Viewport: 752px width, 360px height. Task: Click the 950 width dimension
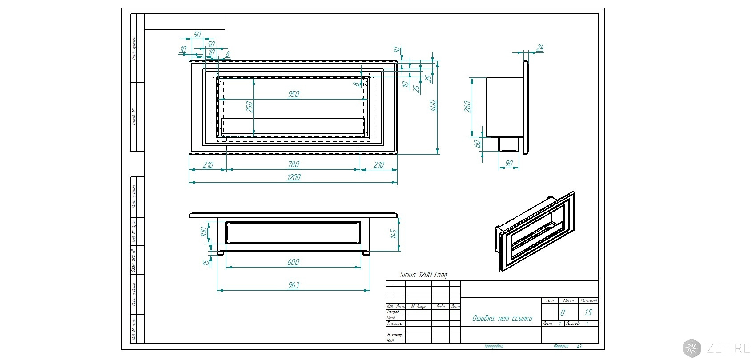[x=294, y=94]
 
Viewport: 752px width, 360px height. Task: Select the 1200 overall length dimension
[x=294, y=177]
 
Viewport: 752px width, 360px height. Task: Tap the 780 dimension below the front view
[x=294, y=164]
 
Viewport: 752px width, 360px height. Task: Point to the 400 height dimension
[x=433, y=105]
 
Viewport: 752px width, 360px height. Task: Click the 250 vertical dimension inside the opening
[x=249, y=107]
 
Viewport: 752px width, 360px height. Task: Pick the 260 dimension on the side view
[x=467, y=107]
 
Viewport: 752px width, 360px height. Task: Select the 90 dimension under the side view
[x=509, y=164]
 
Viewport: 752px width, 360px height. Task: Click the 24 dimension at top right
[x=540, y=48]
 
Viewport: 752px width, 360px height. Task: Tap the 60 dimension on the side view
[x=478, y=144]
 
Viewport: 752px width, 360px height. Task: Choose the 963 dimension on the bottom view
[x=294, y=285]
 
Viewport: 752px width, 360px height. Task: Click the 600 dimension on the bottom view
[x=294, y=262]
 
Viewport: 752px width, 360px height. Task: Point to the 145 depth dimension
[x=394, y=235]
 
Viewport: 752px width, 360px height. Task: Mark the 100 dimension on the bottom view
[x=204, y=232]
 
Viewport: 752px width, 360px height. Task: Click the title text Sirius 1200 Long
[x=424, y=275]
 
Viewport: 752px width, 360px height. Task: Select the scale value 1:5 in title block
[x=588, y=313]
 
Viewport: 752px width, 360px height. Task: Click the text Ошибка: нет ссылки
[x=502, y=319]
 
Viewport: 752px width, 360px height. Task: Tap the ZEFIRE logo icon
[x=692, y=348]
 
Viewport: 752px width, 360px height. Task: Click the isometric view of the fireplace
[x=535, y=232]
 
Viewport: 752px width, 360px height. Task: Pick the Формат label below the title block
[x=561, y=346]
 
